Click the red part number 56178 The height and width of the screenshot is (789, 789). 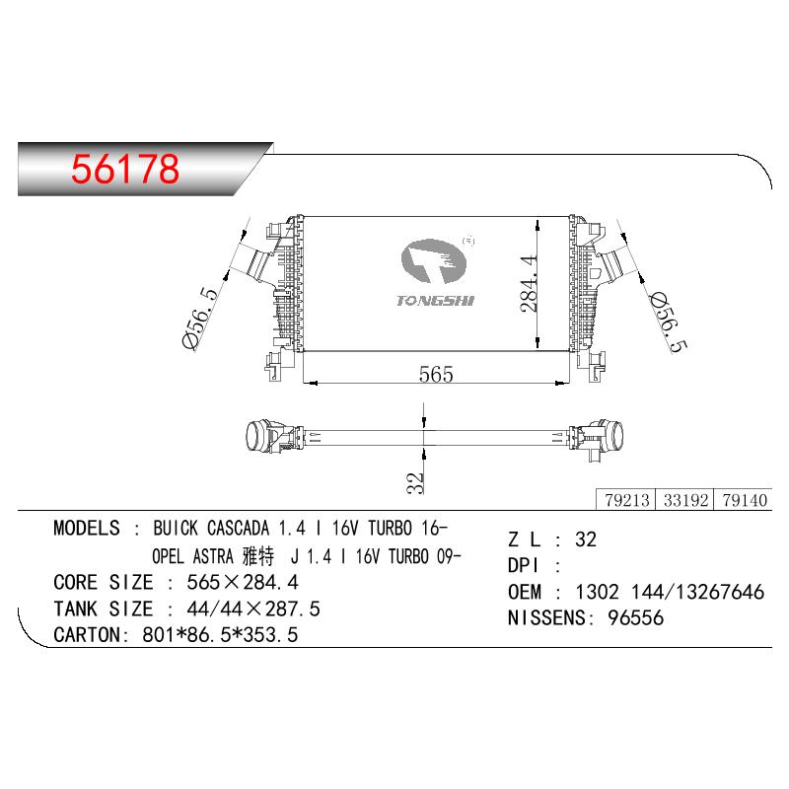(125, 168)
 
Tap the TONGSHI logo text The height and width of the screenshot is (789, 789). (435, 301)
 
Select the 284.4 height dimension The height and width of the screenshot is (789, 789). (529, 284)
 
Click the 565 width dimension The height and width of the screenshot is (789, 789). (436, 374)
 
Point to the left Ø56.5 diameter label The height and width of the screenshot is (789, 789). (200, 318)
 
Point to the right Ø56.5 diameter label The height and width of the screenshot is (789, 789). (669, 323)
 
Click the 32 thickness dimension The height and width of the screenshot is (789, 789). (415, 482)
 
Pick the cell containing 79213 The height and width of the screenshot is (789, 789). (626, 500)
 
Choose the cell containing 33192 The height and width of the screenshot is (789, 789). (684, 500)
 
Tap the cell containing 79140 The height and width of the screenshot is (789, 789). (744, 500)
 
